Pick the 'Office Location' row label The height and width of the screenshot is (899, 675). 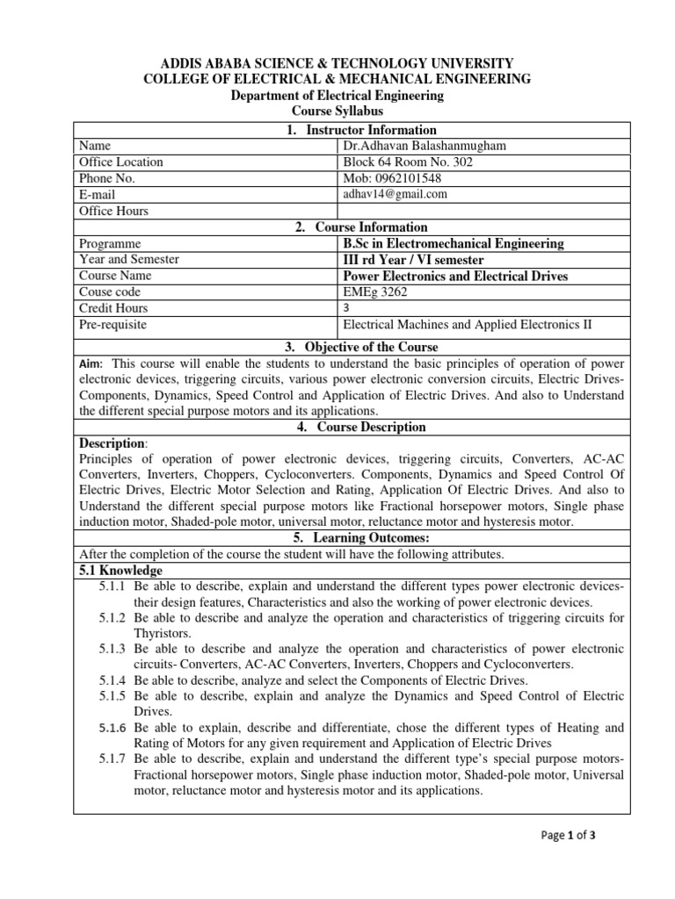120,162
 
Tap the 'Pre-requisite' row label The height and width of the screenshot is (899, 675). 112,325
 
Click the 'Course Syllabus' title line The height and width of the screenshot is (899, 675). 337,111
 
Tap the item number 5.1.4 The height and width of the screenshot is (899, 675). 114,680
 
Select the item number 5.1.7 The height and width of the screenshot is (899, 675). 114,759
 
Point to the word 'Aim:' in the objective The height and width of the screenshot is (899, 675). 91,363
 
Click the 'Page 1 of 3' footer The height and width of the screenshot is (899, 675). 569,836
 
